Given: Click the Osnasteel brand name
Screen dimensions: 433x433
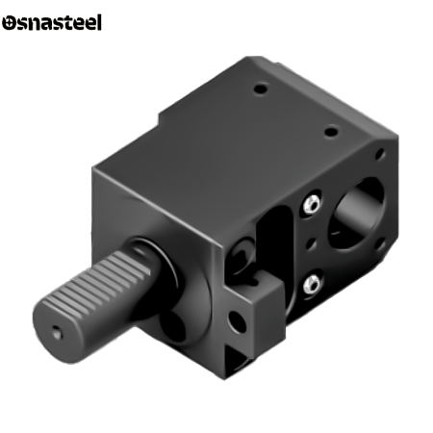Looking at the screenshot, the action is [52, 23].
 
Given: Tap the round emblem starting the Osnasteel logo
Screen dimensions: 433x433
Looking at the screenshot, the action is [9, 23].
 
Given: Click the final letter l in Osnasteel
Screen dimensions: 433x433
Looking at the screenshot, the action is [99, 22].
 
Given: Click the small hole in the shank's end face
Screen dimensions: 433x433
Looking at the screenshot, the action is [57, 333].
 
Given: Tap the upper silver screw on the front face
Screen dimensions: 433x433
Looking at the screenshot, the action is [312, 203].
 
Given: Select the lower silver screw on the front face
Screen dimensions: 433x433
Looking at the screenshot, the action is [312, 284].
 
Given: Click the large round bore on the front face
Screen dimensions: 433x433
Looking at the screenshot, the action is [357, 213].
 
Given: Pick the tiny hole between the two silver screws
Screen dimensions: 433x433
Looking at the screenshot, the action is [311, 243].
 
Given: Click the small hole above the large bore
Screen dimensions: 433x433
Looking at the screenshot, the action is [380, 154].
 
